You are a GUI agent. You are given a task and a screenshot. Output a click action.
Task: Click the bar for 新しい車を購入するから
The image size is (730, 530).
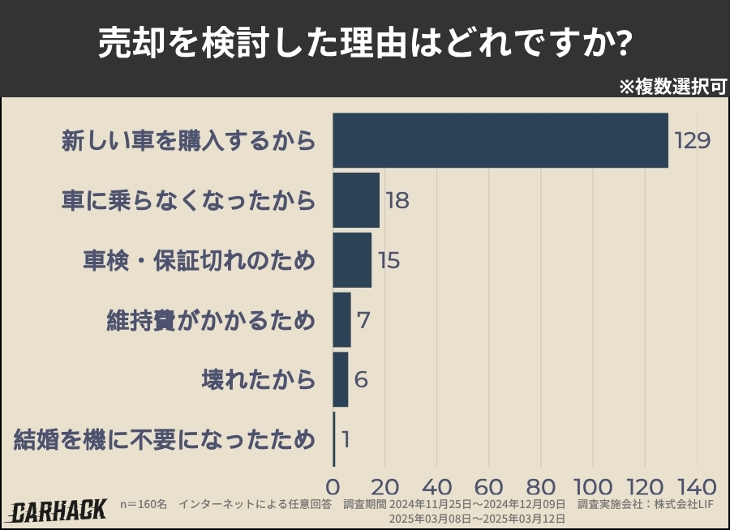pos(500,140)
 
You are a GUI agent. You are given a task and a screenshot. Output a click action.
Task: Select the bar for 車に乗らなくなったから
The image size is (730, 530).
pos(356,200)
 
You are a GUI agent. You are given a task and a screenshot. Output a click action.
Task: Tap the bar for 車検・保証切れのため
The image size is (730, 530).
pos(352,260)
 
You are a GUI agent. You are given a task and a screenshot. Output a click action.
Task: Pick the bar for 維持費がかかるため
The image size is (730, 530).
pos(341,319)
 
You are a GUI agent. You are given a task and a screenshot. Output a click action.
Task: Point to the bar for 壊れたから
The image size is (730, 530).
pos(341,379)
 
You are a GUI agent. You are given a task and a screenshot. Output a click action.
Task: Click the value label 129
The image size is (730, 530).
pos(692,141)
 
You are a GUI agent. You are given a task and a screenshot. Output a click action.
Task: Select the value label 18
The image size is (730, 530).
pos(397,201)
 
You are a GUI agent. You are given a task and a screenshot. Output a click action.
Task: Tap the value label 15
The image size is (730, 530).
pos(389,261)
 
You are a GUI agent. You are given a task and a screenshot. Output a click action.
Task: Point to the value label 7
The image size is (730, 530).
pos(363,320)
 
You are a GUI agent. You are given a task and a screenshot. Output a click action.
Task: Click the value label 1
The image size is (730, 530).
pos(346,440)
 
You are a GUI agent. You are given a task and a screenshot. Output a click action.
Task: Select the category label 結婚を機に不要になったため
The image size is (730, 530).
pos(165,440)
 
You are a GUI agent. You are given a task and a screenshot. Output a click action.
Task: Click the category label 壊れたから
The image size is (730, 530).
pos(258,379)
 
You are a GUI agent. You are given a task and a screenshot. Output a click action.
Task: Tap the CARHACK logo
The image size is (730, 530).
pos(58,511)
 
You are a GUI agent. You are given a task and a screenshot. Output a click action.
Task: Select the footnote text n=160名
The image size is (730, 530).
pos(143,505)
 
